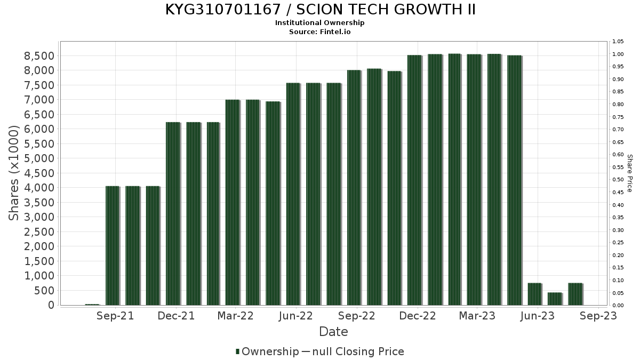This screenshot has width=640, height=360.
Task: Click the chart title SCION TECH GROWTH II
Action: point(320,10)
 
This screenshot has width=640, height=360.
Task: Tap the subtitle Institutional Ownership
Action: point(320,23)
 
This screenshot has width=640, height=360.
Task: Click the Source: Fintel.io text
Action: point(320,31)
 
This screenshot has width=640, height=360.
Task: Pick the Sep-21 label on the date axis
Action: point(115,316)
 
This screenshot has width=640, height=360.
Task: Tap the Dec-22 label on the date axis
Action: point(418,316)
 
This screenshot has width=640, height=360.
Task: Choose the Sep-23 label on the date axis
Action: point(598,316)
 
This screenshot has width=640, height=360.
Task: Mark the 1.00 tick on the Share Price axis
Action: point(618,54)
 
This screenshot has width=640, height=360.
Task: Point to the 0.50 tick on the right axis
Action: point(618,180)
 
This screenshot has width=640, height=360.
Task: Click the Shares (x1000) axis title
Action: point(14,173)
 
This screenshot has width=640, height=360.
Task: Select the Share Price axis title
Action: point(629,173)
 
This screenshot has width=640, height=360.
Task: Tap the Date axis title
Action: point(333,332)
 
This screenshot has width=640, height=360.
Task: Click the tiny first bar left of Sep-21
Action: point(92,305)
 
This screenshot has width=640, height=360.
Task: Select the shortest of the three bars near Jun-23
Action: point(555,299)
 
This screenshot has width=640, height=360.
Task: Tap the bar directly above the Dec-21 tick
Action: point(173,213)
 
